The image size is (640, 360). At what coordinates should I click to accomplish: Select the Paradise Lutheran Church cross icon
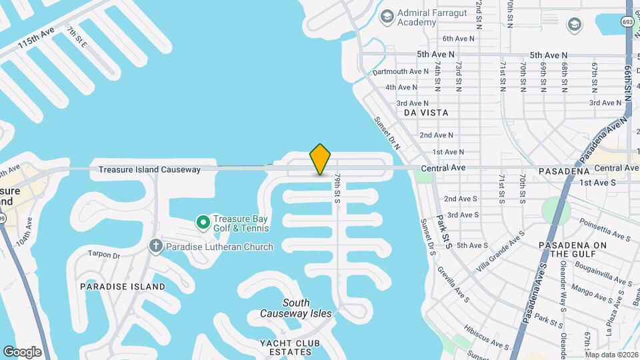[156, 247]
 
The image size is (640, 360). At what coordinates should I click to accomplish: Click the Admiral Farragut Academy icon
[386, 16]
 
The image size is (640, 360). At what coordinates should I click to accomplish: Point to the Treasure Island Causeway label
[149, 170]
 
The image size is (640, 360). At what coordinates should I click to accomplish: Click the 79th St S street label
[338, 189]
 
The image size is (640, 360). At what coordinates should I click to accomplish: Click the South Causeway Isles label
[296, 308]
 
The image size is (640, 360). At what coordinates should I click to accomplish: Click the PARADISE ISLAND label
[123, 287]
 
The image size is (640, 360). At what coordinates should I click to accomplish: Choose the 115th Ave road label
[37, 42]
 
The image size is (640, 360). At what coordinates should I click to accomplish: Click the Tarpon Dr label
[103, 255]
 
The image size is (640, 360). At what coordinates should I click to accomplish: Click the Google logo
[22, 351]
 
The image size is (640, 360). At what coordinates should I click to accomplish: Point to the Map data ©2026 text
[611, 355]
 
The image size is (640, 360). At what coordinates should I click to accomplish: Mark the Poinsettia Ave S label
[605, 217]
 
